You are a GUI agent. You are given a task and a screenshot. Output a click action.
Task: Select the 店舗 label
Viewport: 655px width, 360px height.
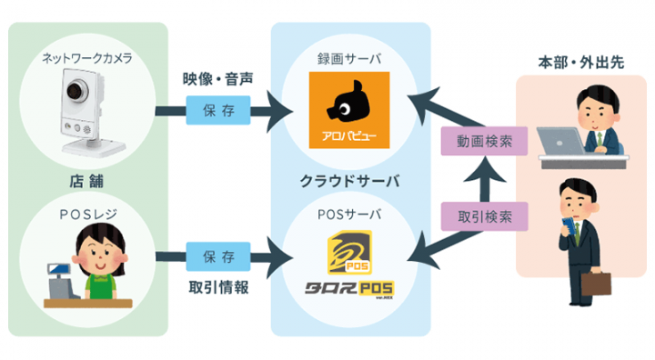click(x=87, y=177)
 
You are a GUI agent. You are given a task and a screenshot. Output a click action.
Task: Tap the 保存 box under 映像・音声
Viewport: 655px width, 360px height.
click(x=211, y=113)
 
